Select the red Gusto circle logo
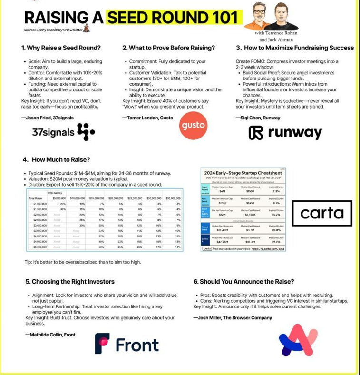click(193, 126)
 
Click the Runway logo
click(285, 132)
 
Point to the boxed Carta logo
click(322, 213)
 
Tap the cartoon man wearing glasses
click(260, 15)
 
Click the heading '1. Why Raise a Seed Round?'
click(61, 48)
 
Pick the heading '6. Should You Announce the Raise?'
click(243, 282)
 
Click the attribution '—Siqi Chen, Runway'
click(258, 118)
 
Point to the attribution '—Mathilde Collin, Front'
click(50, 335)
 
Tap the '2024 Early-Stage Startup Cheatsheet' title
click(243, 173)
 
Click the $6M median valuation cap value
click(222, 191)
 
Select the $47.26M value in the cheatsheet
click(222, 242)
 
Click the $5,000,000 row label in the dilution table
click(39, 247)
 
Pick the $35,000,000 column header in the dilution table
click(173, 198)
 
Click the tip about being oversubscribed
click(83, 262)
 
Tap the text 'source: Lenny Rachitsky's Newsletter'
click(53, 30)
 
